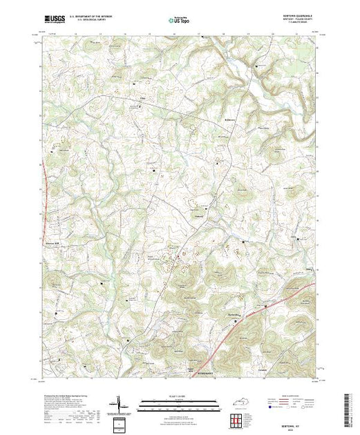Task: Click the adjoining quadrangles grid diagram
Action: [x=237, y=419]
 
